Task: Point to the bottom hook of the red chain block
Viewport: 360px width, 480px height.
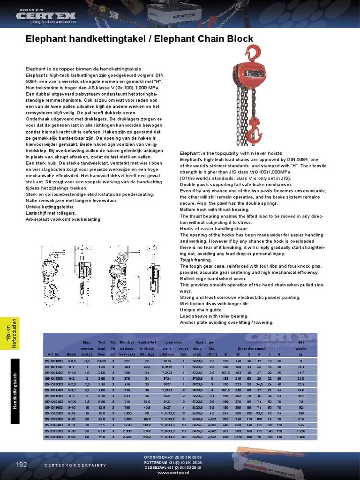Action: [254, 129]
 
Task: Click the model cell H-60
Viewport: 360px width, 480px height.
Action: [72, 437]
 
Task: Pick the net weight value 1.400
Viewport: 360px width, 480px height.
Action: [300, 437]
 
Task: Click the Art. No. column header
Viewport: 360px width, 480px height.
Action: [53, 354]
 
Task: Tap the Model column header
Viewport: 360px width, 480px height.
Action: [72, 354]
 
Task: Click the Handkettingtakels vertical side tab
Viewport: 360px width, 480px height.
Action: [15, 391]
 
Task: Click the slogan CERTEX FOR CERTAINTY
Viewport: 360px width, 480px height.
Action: [75, 465]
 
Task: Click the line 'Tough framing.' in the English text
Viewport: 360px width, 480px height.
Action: [193, 260]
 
